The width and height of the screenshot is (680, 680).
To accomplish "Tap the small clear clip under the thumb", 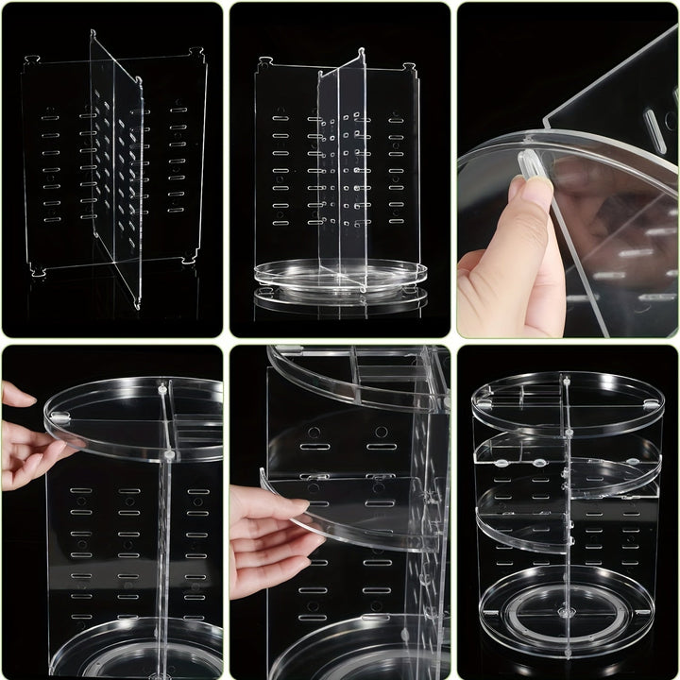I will [x=533, y=163].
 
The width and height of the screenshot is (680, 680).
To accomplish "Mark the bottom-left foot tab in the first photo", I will [x=38, y=272].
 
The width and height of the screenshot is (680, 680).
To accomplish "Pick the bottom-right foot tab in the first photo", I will [x=190, y=257].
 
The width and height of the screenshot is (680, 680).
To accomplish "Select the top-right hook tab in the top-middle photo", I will [x=410, y=68].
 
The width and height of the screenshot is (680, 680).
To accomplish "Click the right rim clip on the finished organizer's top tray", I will [x=649, y=403].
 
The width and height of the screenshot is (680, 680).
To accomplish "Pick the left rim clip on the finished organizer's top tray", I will [x=485, y=403].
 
